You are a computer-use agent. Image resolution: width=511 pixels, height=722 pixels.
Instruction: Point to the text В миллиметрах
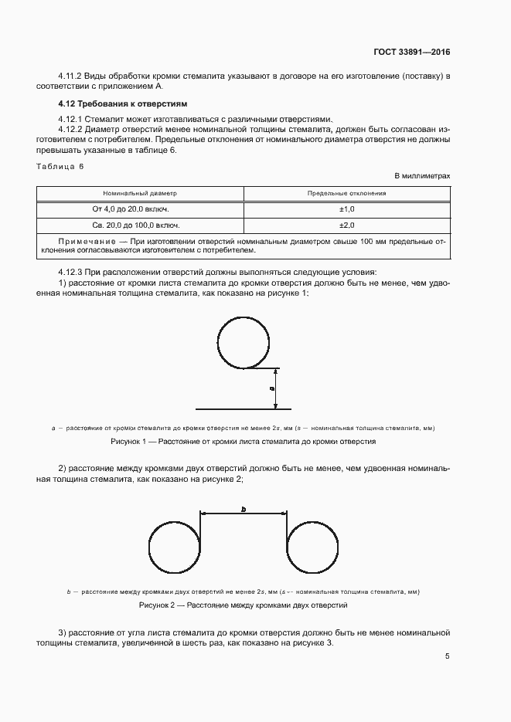click(x=422, y=176)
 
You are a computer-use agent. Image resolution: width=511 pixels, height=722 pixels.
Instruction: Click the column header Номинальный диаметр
click(x=141, y=194)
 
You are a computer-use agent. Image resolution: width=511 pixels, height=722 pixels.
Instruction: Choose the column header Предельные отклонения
click(x=346, y=194)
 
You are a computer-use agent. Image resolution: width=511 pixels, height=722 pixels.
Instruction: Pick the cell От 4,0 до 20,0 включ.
click(x=141, y=209)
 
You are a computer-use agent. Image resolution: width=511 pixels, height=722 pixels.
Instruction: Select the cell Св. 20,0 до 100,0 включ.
click(x=141, y=225)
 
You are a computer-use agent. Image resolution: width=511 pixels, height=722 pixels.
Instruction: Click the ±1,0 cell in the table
click(x=346, y=209)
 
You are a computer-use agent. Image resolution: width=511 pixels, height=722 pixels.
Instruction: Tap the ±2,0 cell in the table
click(x=346, y=225)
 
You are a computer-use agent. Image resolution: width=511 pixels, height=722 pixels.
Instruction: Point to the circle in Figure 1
click(x=244, y=341)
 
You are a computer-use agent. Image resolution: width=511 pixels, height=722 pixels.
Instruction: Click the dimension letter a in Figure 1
click(x=271, y=388)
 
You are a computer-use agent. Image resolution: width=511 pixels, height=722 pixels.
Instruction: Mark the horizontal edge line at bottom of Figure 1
click(x=243, y=408)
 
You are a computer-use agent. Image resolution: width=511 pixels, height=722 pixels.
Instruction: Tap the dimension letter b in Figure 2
click(x=243, y=510)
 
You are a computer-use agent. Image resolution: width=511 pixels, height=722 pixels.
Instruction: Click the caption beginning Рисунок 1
click(x=244, y=442)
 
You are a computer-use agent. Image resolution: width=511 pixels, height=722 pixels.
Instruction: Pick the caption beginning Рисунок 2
click(x=244, y=605)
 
